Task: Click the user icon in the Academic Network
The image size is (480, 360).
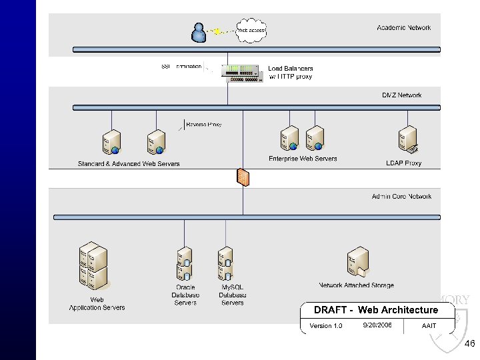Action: click(199, 32)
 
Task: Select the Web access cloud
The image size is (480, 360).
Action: click(252, 31)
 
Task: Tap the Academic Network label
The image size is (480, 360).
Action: click(403, 28)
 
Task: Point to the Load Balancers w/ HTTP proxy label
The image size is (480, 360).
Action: click(290, 73)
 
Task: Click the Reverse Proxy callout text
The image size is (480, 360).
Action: click(203, 124)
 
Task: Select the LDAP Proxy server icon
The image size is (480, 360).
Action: click(407, 141)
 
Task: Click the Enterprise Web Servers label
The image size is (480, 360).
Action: click(303, 159)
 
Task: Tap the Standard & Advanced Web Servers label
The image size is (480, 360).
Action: click(129, 163)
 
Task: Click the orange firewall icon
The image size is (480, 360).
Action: click(243, 177)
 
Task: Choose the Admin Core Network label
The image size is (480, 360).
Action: click(401, 197)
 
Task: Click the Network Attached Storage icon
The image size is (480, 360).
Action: click(357, 262)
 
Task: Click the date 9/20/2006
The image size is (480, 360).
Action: click(378, 325)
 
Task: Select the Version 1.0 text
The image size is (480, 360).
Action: click(326, 326)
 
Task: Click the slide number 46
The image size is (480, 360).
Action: click(469, 344)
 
